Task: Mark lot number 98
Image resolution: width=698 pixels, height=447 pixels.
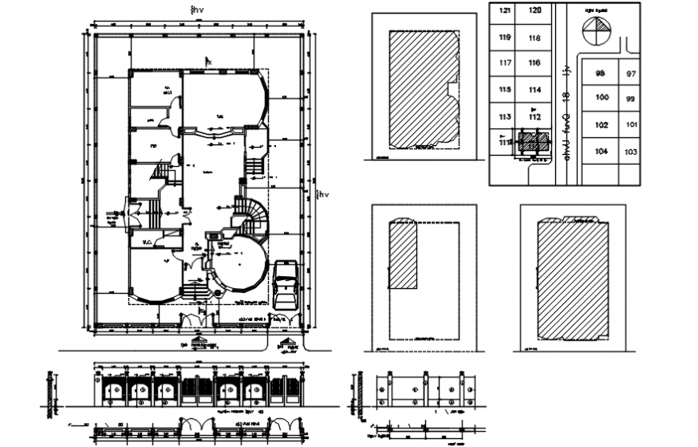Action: point(599,74)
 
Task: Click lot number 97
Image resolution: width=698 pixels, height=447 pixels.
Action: point(631,74)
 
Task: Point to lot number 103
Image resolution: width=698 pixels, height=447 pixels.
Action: point(631,152)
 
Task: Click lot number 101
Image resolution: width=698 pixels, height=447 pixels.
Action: point(631,125)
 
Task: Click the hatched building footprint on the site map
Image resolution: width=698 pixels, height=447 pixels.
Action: point(533,143)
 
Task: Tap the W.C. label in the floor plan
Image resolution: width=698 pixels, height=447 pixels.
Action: point(148,240)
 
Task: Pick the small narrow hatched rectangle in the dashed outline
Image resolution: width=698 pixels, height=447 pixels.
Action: point(403,255)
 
